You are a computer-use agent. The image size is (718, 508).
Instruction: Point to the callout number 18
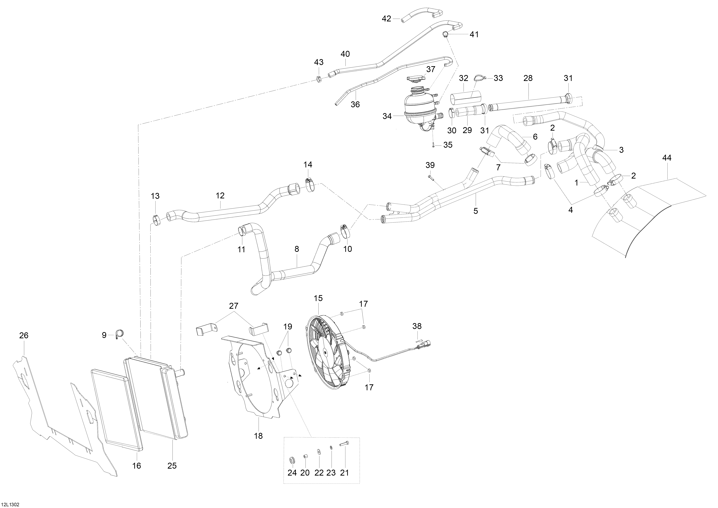coord(258,436)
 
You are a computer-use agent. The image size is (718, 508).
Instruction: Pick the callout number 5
coord(476,211)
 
